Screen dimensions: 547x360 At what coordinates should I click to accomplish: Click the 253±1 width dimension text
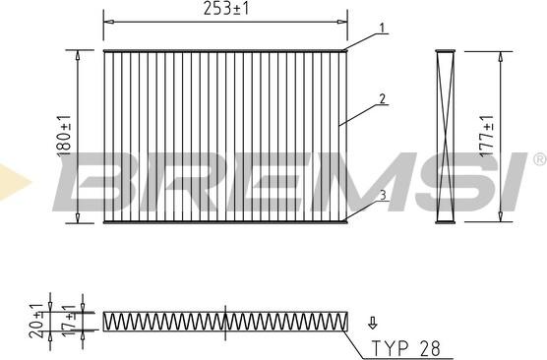(226, 9)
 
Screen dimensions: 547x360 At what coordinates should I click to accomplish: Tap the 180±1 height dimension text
(64, 136)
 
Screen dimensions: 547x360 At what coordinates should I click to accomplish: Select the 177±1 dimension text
(487, 136)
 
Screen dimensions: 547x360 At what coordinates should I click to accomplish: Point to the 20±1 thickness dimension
(36, 321)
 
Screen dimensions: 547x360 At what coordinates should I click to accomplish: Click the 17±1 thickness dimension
(69, 321)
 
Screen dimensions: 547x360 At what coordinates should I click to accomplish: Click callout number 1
(383, 28)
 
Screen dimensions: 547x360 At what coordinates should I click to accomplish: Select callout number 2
(383, 99)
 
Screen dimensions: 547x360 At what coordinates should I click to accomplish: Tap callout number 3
(383, 196)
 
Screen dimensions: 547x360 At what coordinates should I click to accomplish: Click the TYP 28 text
(405, 348)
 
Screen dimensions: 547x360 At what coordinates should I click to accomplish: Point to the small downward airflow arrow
(373, 323)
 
